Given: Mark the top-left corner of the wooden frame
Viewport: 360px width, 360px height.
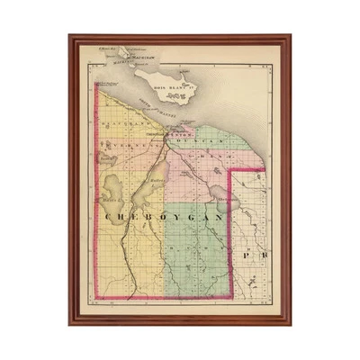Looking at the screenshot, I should tap(70, 36).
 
